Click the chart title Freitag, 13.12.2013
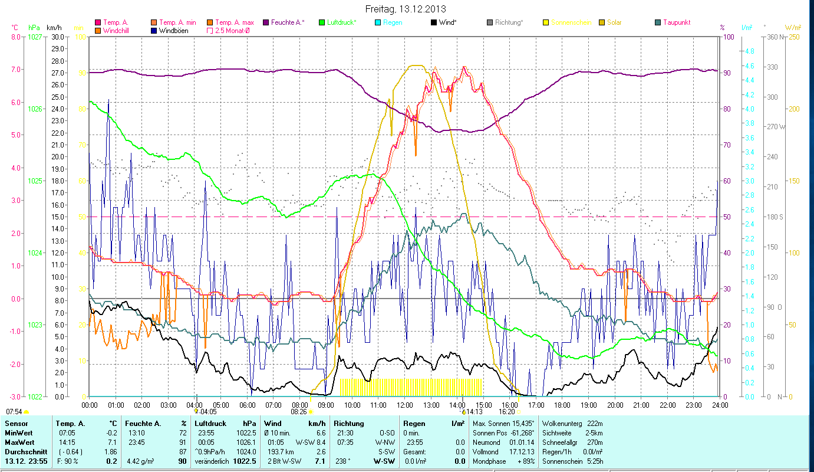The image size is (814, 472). pos(406,9)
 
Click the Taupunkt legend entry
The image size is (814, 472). pos(676,22)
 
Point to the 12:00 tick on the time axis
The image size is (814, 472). pos(404,405)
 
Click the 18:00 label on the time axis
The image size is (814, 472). pos(562,405)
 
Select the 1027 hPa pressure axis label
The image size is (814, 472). pos(35,37)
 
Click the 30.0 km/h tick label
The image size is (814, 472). pos(58,37)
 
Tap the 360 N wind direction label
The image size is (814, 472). pos(772,37)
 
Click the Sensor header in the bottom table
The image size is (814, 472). pos(16,424)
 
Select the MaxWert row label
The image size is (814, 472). pos(19,442)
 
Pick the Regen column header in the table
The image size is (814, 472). pos(415,424)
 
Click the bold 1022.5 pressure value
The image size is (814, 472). pos(228,461)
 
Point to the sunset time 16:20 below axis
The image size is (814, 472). pos(507,411)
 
